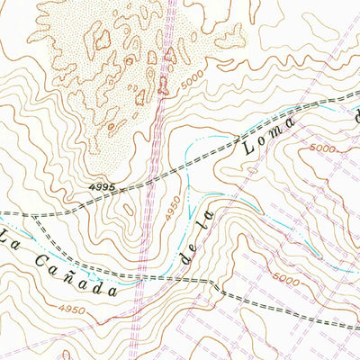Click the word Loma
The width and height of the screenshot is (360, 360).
(x=271, y=132)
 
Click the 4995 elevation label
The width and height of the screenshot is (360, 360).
(x=103, y=186)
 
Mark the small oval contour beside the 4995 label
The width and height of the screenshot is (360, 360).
(x=130, y=209)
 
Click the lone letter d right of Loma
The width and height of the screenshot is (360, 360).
(x=355, y=114)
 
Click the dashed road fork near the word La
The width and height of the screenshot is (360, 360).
(x=34, y=218)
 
